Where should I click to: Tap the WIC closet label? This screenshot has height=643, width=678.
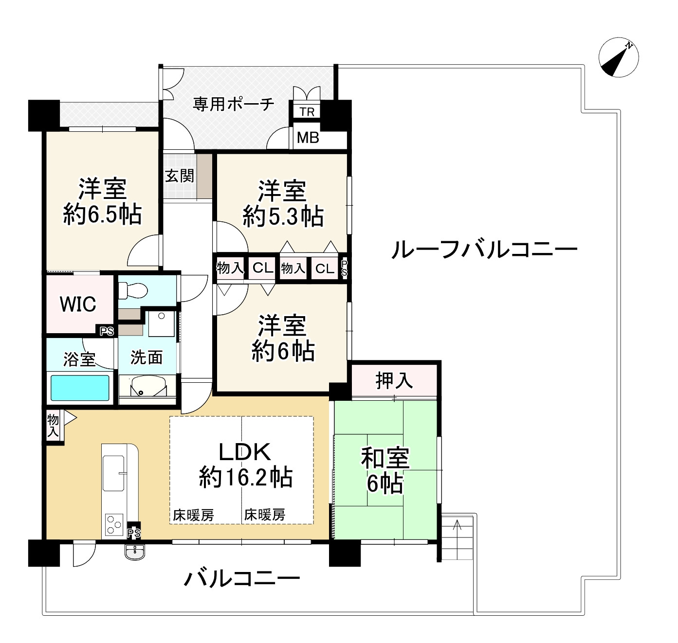[x=78, y=304]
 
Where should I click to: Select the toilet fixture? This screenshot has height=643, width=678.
[x=133, y=290]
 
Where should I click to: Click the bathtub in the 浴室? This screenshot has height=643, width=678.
[x=80, y=388]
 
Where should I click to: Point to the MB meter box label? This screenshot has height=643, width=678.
[x=308, y=138]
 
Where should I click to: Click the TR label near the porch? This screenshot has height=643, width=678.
[x=307, y=112]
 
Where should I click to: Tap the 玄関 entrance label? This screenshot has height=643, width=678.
[x=179, y=176]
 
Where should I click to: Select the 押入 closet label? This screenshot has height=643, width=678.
[x=394, y=381]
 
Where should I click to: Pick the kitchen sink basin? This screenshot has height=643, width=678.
[x=113, y=473]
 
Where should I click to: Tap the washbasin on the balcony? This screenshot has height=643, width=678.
[x=135, y=553]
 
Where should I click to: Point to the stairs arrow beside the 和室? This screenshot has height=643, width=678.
[x=458, y=539]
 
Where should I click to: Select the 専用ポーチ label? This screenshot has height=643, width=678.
[x=233, y=104]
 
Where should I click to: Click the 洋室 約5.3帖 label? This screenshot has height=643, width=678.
[x=283, y=203]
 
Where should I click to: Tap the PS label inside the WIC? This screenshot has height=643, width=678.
[x=107, y=331]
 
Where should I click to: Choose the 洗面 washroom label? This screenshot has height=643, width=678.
[x=147, y=357]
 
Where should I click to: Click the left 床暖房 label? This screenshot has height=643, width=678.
[x=193, y=515]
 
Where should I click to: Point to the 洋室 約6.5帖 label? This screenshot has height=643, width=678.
[x=102, y=201]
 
